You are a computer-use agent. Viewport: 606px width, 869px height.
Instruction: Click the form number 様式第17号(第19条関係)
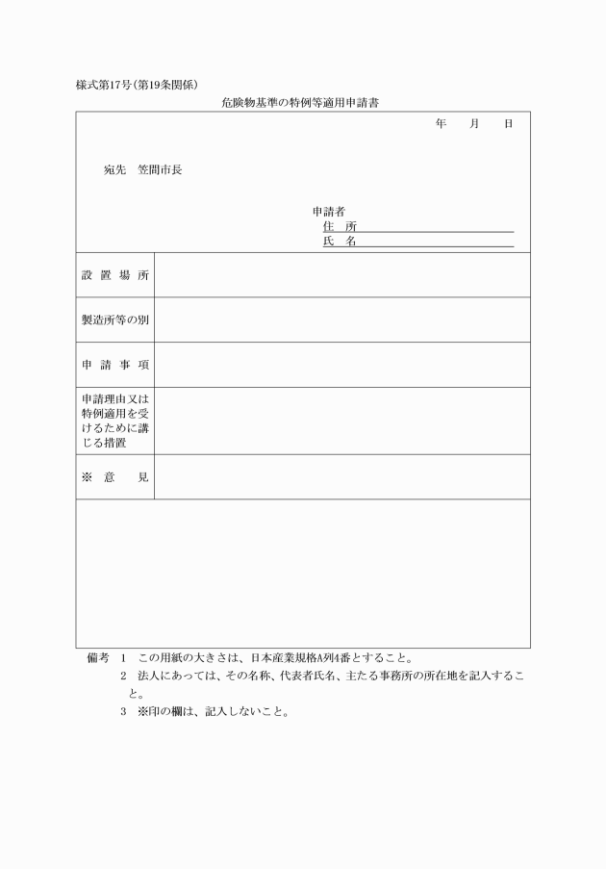[x=137, y=84]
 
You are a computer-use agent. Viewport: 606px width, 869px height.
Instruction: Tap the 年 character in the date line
[x=441, y=124]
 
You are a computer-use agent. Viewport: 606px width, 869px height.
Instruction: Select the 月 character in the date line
[x=475, y=124]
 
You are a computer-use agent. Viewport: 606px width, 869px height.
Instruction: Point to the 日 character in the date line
[x=509, y=124]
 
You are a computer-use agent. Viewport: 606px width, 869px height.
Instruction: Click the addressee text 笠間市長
[x=160, y=170]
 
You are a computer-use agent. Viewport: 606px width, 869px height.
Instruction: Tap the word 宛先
[x=115, y=170]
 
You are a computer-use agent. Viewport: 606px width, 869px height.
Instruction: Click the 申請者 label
[x=329, y=212]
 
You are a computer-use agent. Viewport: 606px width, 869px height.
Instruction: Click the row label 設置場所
[x=115, y=275]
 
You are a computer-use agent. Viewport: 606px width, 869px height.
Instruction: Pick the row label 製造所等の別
[x=115, y=320]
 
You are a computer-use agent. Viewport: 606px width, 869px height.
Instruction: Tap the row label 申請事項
[x=115, y=366]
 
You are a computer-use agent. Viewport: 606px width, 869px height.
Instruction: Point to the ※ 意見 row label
[x=115, y=477]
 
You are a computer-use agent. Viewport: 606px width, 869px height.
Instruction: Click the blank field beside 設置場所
[x=341, y=275]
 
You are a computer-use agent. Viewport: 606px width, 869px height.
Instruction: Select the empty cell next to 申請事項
[x=341, y=366]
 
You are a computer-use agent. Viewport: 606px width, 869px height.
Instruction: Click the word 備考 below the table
[x=98, y=659]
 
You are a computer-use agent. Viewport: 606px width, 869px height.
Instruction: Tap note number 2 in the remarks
[x=124, y=677]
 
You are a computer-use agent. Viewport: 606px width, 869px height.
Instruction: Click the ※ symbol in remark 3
[x=142, y=713]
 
